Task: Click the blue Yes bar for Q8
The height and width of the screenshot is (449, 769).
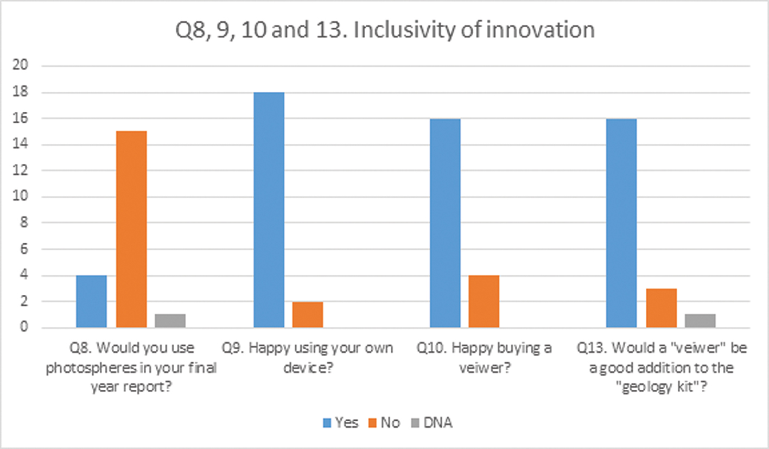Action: [x=91, y=301]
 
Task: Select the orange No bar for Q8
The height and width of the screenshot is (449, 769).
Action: [x=131, y=229]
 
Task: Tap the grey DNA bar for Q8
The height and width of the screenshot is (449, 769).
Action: [x=170, y=320]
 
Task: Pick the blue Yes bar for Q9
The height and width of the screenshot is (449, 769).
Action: [x=269, y=210]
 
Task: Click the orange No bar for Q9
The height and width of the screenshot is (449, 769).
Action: [x=308, y=314]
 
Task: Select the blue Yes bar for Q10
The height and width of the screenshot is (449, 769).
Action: [x=445, y=223]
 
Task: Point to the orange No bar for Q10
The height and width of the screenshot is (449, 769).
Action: [x=484, y=301]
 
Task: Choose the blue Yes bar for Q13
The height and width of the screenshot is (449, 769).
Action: [x=621, y=223]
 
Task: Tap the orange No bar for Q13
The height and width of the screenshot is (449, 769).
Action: [x=661, y=308]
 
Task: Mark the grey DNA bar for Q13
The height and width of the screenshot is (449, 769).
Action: [x=700, y=320]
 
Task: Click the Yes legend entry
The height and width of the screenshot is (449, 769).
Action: [x=340, y=423]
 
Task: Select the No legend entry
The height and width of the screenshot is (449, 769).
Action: [x=385, y=423]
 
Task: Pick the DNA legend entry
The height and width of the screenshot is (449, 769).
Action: [x=431, y=423]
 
